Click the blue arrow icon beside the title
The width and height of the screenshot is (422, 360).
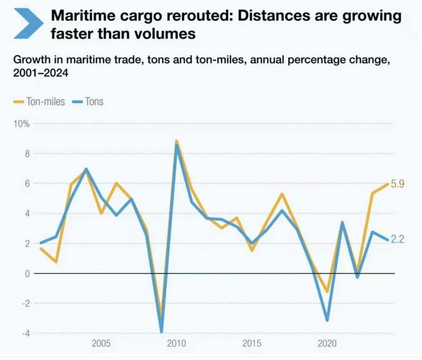[x=29, y=23]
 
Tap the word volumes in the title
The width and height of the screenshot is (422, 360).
[x=168, y=34]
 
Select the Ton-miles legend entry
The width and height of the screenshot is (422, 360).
[x=39, y=102]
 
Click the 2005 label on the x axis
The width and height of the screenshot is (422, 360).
[x=101, y=344]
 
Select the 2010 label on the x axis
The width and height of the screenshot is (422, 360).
[x=177, y=344]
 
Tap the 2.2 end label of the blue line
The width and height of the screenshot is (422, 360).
[x=398, y=240]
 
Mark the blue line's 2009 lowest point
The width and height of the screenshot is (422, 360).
[x=162, y=331]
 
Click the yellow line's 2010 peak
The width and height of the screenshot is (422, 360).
[x=177, y=141]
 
